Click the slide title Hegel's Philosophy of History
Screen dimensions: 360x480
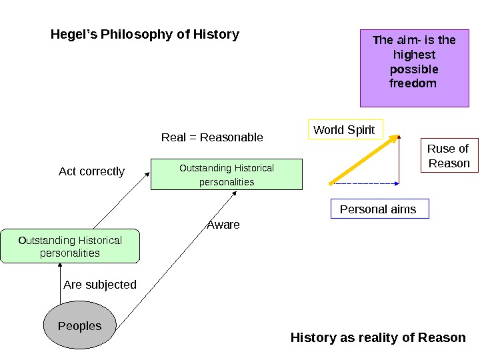(x=145, y=34)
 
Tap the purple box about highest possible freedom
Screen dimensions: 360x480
(x=414, y=68)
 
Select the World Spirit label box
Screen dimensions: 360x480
(x=345, y=130)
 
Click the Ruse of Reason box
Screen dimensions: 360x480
(x=449, y=156)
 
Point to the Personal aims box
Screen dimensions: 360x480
(x=379, y=209)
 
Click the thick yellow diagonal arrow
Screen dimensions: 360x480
(x=363, y=159)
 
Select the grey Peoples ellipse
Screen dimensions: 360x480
(x=80, y=326)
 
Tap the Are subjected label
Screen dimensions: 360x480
(x=100, y=285)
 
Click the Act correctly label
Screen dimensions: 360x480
(x=91, y=171)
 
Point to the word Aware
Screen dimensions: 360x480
(x=223, y=225)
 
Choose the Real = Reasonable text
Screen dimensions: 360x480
(x=212, y=137)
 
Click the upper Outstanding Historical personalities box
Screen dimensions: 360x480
(x=227, y=175)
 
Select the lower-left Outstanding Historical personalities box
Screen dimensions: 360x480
(x=70, y=247)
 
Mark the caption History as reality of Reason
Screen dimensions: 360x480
(x=378, y=337)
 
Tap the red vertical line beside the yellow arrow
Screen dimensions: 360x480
(x=399, y=160)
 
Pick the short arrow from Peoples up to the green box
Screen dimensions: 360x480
(x=60, y=283)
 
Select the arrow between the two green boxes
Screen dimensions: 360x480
(x=120, y=200)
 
